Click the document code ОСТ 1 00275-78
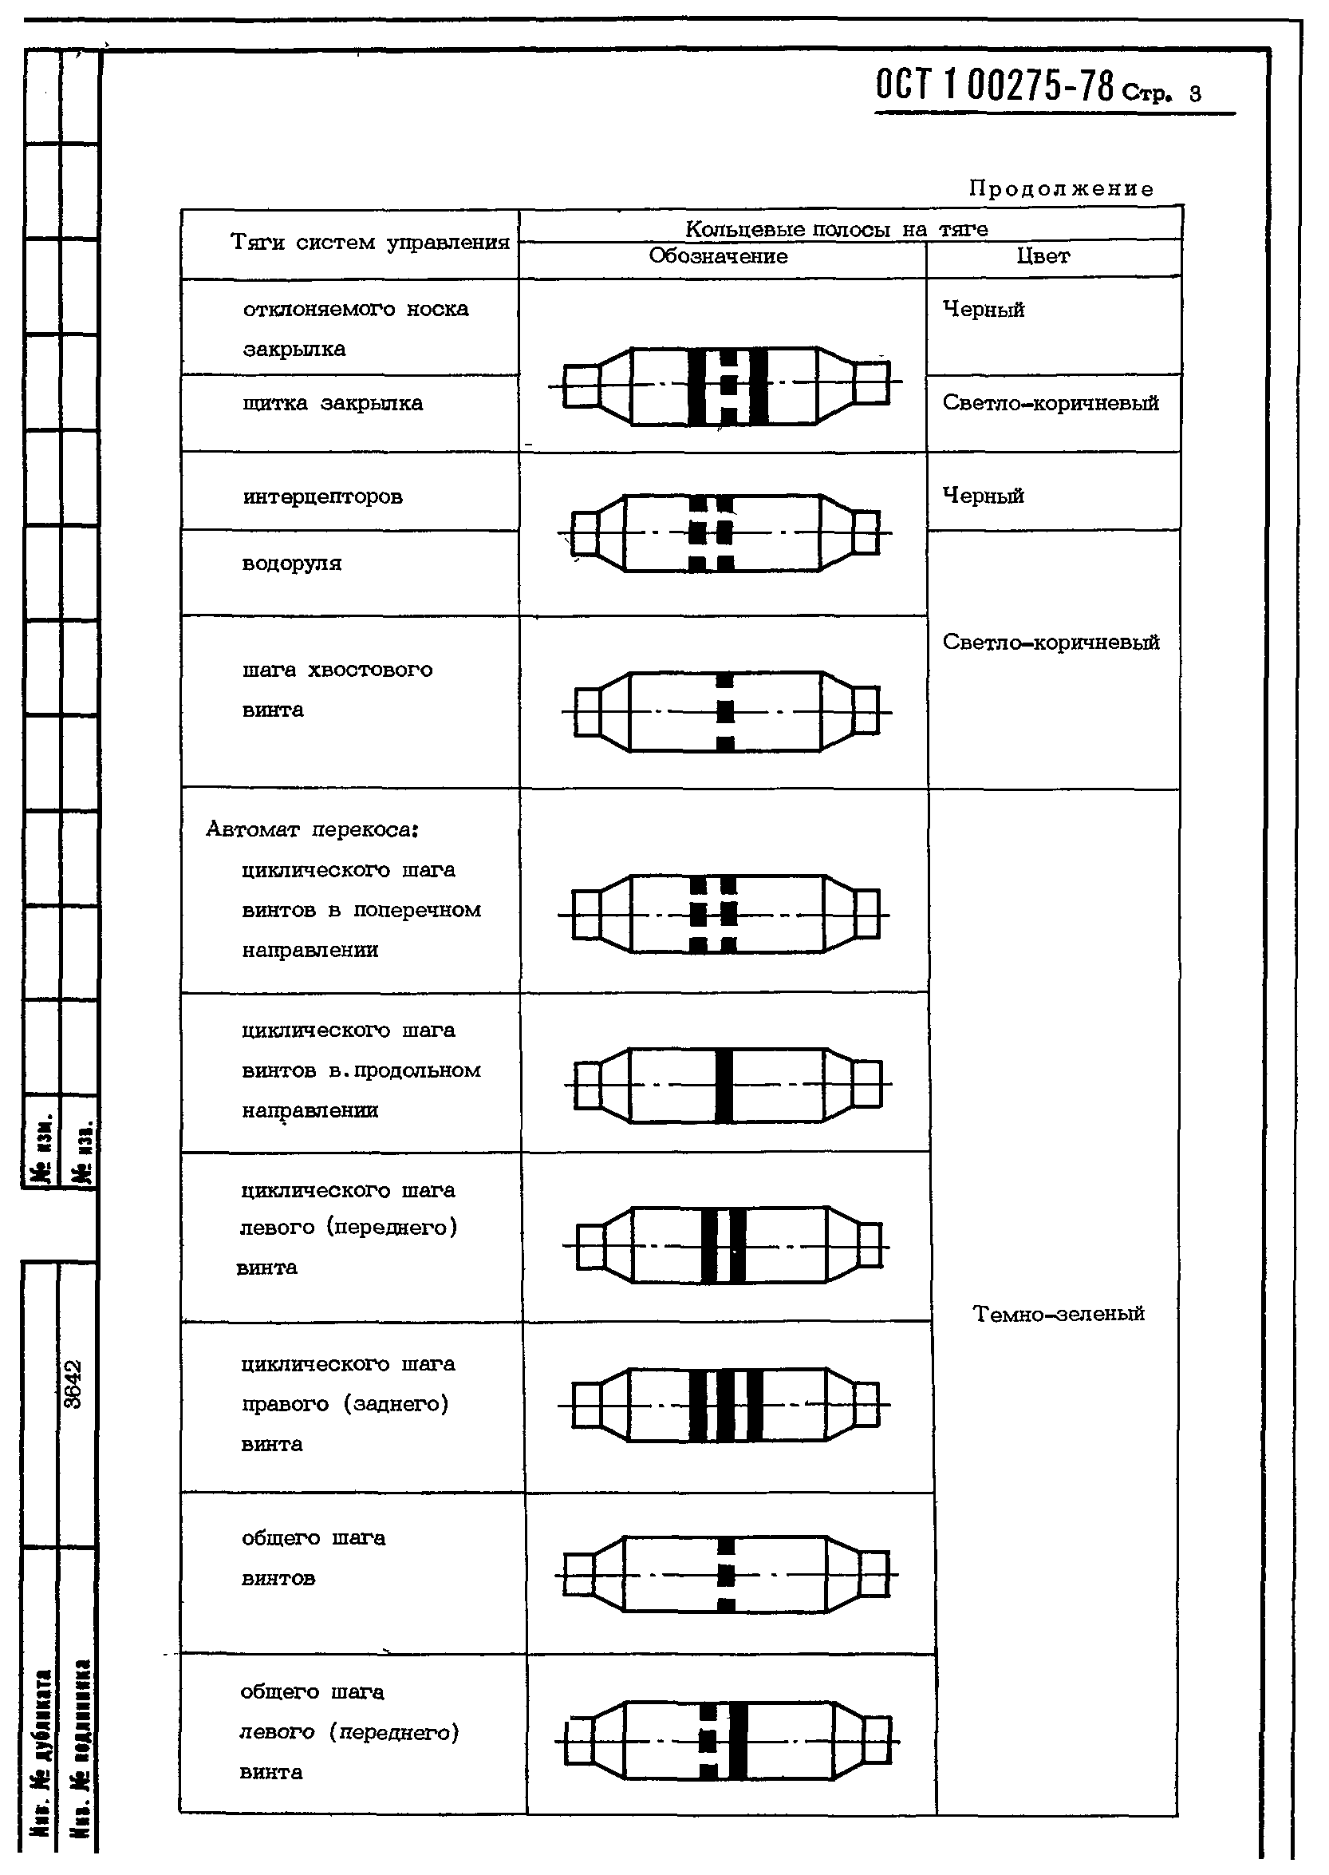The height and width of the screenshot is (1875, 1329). tap(993, 85)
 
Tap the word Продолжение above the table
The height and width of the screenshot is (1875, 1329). tap(1061, 189)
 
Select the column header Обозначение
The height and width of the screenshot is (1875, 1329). tap(718, 256)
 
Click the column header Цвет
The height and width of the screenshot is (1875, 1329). tap(1043, 256)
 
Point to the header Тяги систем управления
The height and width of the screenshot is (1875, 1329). tap(370, 243)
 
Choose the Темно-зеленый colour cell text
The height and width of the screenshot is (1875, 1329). tap(1058, 1314)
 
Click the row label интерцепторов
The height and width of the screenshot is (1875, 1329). tap(322, 497)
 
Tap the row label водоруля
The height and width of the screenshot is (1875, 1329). tap(291, 564)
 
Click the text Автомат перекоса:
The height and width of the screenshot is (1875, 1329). tap(312, 829)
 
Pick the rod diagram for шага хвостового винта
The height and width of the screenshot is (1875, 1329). tap(726, 711)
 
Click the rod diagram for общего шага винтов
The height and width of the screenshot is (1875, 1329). tap(726, 1575)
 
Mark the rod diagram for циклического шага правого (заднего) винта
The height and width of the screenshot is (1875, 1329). tap(726, 1405)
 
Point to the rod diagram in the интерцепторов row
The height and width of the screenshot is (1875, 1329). tap(725, 533)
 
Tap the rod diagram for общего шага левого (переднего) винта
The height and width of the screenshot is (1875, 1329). tap(726, 1741)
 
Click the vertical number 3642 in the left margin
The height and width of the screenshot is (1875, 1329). tap(73, 1385)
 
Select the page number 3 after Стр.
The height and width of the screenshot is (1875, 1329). tap(1196, 94)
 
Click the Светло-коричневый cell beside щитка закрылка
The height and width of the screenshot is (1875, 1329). tap(1050, 403)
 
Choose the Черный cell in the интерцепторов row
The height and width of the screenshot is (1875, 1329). tap(983, 496)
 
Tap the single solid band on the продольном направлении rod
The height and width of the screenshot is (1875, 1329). tap(724, 1085)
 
